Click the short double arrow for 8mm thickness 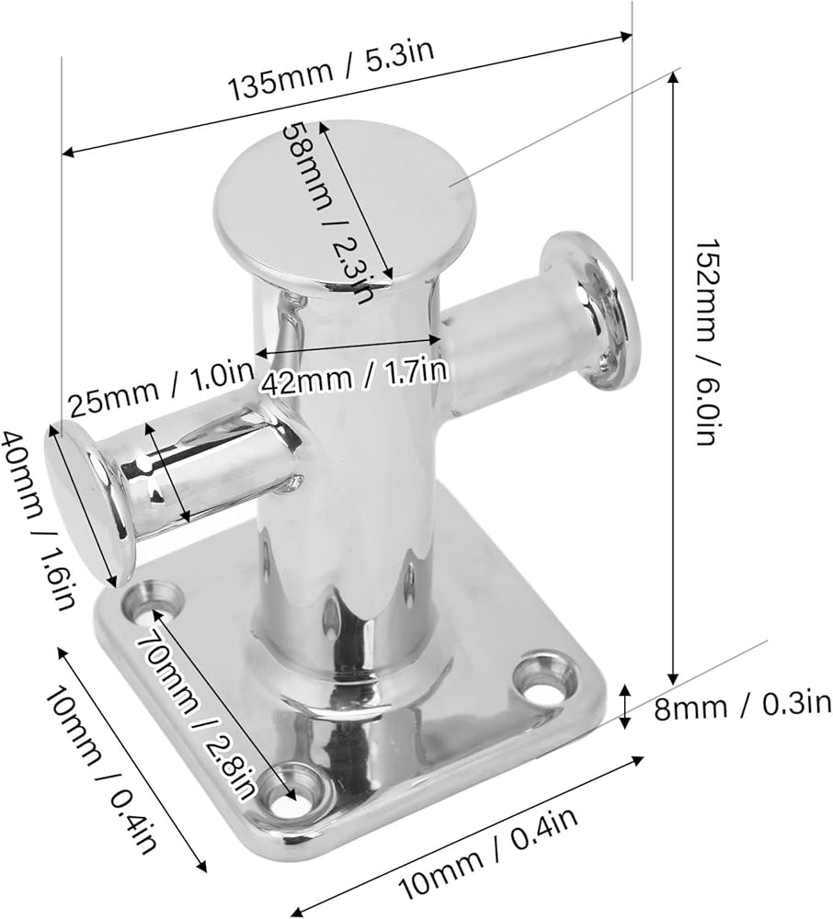pos(627,707)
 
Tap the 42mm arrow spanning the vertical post pos(349,346)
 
